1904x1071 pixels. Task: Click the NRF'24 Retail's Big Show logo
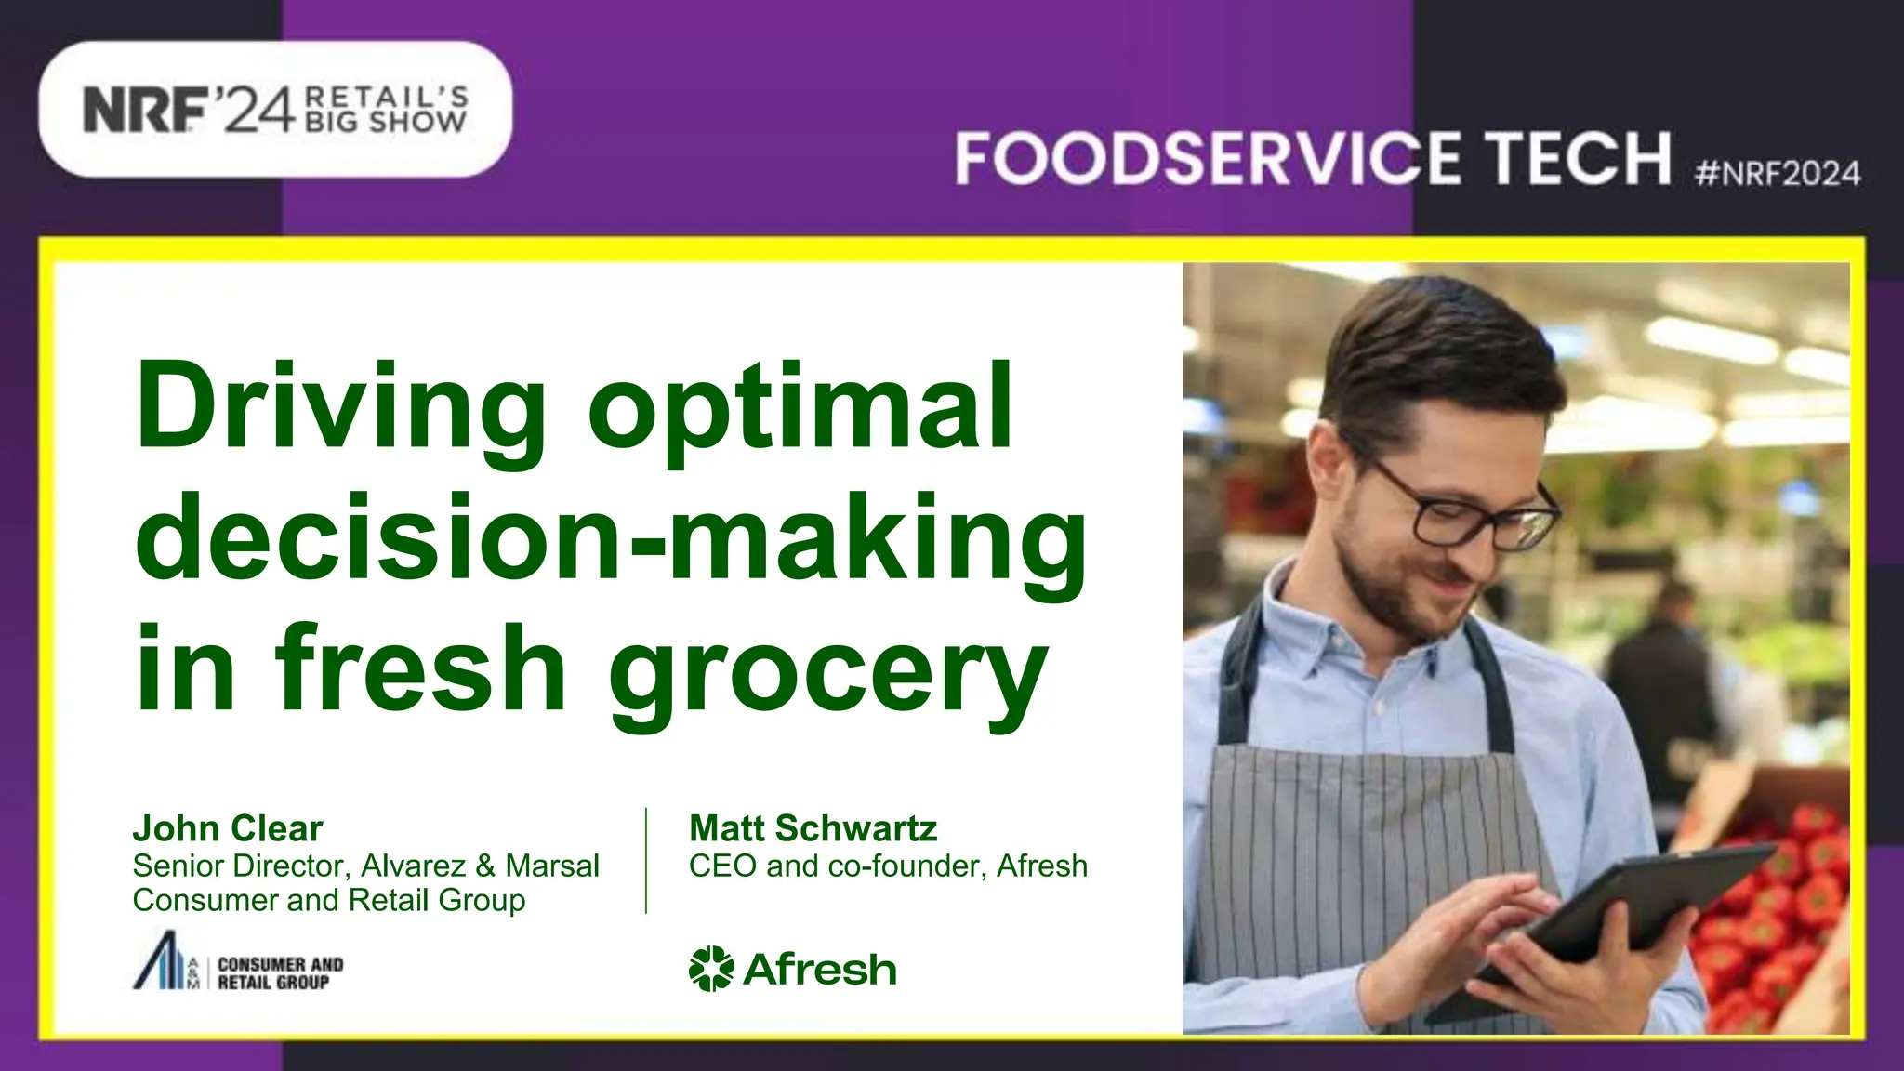275,110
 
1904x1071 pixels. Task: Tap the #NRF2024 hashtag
1778,174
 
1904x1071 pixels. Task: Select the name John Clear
228,828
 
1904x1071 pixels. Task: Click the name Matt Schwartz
813,828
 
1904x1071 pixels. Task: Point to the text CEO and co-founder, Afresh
888,866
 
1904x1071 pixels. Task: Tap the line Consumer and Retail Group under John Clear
329,900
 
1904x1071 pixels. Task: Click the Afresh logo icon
711,969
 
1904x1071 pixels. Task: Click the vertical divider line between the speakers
646,861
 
